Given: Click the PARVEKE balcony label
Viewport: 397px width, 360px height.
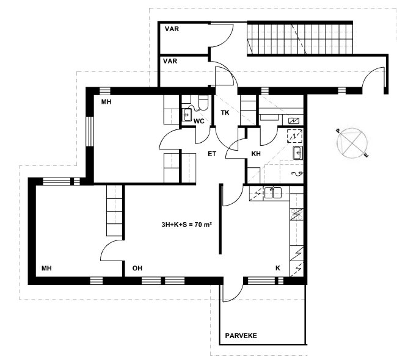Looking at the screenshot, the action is (x=241, y=336).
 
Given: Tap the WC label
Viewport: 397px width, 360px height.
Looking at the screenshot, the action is (x=198, y=121).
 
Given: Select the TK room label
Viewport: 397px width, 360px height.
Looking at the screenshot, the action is (x=225, y=113).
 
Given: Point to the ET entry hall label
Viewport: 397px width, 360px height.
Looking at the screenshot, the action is (x=212, y=154).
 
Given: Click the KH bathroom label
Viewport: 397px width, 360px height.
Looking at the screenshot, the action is (x=256, y=154).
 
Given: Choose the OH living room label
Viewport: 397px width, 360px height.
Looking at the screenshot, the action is (x=137, y=268).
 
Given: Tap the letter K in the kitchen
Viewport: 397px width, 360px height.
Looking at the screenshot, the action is (x=278, y=268).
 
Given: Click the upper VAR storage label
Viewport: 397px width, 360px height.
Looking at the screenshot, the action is (x=172, y=29).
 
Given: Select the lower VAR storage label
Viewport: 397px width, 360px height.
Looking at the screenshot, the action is (x=170, y=61).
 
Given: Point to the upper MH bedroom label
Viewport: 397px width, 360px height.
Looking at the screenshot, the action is (x=106, y=102).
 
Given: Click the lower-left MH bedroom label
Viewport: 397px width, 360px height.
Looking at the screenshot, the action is (x=46, y=268).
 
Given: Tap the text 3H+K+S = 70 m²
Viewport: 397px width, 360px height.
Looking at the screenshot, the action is (x=187, y=225).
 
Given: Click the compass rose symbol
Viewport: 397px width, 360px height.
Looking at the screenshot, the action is (x=352, y=143).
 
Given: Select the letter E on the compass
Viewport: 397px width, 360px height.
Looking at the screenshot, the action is (x=366, y=156).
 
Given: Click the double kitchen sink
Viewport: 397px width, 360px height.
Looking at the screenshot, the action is (x=273, y=193).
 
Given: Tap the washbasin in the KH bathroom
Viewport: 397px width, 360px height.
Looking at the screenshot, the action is (x=298, y=153).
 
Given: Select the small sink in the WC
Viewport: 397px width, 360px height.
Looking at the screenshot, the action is (x=187, y=115).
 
